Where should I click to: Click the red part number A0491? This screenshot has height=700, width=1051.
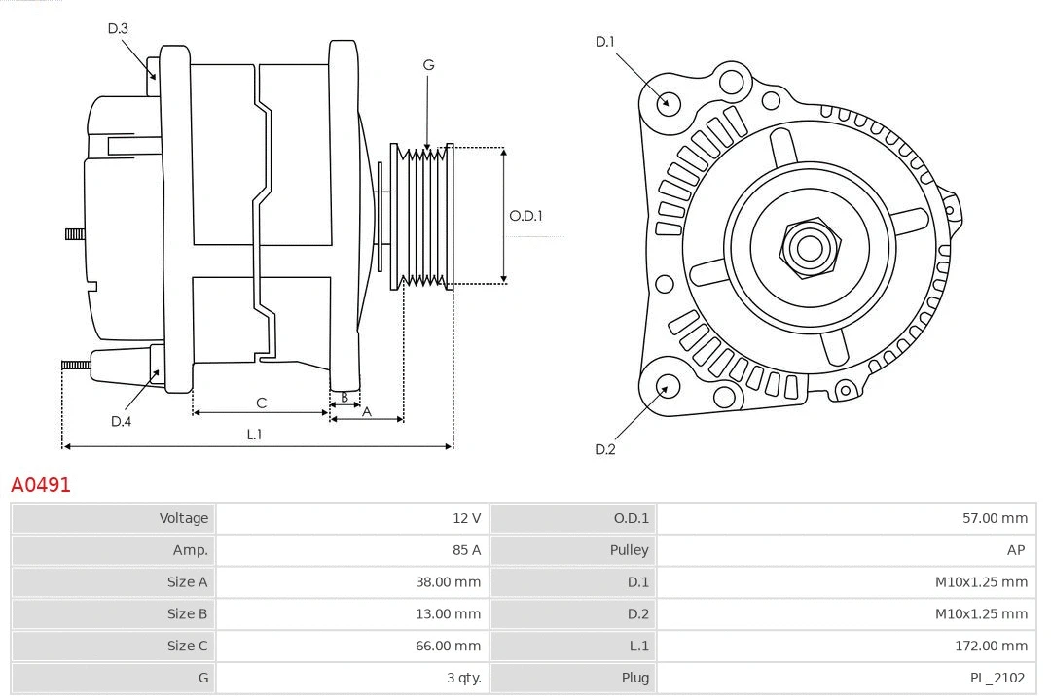(x=41, y=484)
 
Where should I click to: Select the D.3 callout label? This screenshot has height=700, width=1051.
(x=118, y=28)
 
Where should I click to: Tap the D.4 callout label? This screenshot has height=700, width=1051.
(x=121, y=421)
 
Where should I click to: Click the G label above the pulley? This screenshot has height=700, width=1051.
(x=428, y=65)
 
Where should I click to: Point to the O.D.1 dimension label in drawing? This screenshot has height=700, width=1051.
(x=525, y=216)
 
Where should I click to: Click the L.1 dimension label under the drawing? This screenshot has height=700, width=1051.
(x=254, y=435)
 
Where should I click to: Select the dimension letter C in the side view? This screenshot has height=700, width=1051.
(x=261, y=402)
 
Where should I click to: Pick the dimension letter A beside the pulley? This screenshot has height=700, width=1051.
(x=367, y=411)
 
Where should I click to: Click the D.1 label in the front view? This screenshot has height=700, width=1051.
(x=605, y=41)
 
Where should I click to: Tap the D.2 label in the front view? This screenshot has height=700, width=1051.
(x=605, y=449)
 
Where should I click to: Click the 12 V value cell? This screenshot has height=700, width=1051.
(x=467, y=518)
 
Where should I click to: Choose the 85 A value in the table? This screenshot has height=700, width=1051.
(x=466, y=550)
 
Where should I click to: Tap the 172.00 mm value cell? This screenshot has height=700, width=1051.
(x=991, y=646)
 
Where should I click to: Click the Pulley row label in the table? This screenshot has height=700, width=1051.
(x=629, y=550)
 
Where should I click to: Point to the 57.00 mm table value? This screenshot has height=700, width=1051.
(x=995, y=518)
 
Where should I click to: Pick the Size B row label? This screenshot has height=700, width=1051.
(x=187, y=613)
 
